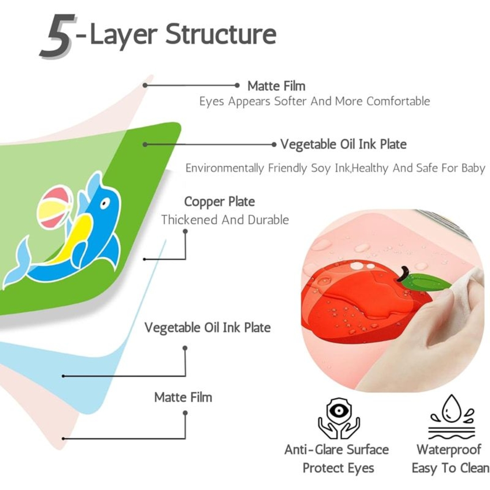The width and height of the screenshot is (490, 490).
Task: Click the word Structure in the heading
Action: click(221, 34)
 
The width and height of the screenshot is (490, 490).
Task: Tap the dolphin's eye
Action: click(104, 204)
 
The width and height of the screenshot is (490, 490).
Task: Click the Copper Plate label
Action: click(219, 202)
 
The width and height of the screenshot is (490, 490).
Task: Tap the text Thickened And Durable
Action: click(225, 220)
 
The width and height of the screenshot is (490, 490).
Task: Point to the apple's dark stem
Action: click(403, 274)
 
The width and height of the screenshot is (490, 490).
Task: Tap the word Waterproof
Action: click(449, 450)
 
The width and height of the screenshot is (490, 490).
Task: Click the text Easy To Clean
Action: click(450, 468)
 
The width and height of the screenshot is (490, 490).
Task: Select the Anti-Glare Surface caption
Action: click(337, 450)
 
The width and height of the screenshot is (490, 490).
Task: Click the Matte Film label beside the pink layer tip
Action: click(276, 86)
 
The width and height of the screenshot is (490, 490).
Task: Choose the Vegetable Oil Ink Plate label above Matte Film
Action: click(207, 328)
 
